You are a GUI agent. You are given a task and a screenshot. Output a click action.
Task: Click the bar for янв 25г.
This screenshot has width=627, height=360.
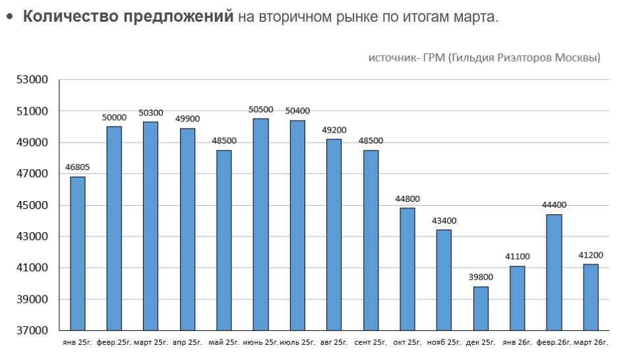click(78, 253)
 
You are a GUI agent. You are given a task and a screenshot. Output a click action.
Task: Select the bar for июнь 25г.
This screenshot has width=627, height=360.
click(260, 224)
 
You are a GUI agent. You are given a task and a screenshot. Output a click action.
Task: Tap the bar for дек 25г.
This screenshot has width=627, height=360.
click(481, 308)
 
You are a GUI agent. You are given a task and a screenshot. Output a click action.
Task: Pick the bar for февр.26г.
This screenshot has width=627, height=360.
click(554, 272)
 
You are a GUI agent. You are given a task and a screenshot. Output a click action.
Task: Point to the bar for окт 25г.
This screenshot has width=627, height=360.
click(407, 269)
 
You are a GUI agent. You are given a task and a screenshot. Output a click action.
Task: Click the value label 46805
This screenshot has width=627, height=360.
click(78, 167)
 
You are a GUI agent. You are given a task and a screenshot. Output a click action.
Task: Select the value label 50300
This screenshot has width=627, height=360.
click(151, 113)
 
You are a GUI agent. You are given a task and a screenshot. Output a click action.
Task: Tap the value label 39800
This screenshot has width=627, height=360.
click(481, 278)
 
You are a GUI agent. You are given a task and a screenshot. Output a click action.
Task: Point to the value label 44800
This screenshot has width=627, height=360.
click(407, 199)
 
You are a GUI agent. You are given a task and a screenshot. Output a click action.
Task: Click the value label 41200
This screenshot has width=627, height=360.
click(591, 255)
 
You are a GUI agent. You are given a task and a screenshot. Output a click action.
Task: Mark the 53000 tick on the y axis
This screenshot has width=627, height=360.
click(33, 80)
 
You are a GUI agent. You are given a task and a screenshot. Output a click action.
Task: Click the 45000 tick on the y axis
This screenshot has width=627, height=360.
click(33, 205)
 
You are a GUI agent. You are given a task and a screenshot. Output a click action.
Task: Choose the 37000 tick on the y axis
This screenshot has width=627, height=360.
click(33, 330)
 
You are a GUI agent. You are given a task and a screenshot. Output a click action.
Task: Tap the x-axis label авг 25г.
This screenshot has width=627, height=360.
click(334, 343)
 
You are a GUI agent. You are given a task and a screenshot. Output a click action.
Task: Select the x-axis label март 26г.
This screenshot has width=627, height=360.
click(591, 343)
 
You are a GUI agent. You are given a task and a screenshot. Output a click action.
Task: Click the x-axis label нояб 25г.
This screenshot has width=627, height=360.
click(444, 343)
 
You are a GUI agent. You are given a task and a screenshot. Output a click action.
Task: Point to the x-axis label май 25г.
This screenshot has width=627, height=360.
click(224, 343)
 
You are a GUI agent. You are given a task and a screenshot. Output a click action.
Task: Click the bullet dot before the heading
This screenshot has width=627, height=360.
click(9, 17)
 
